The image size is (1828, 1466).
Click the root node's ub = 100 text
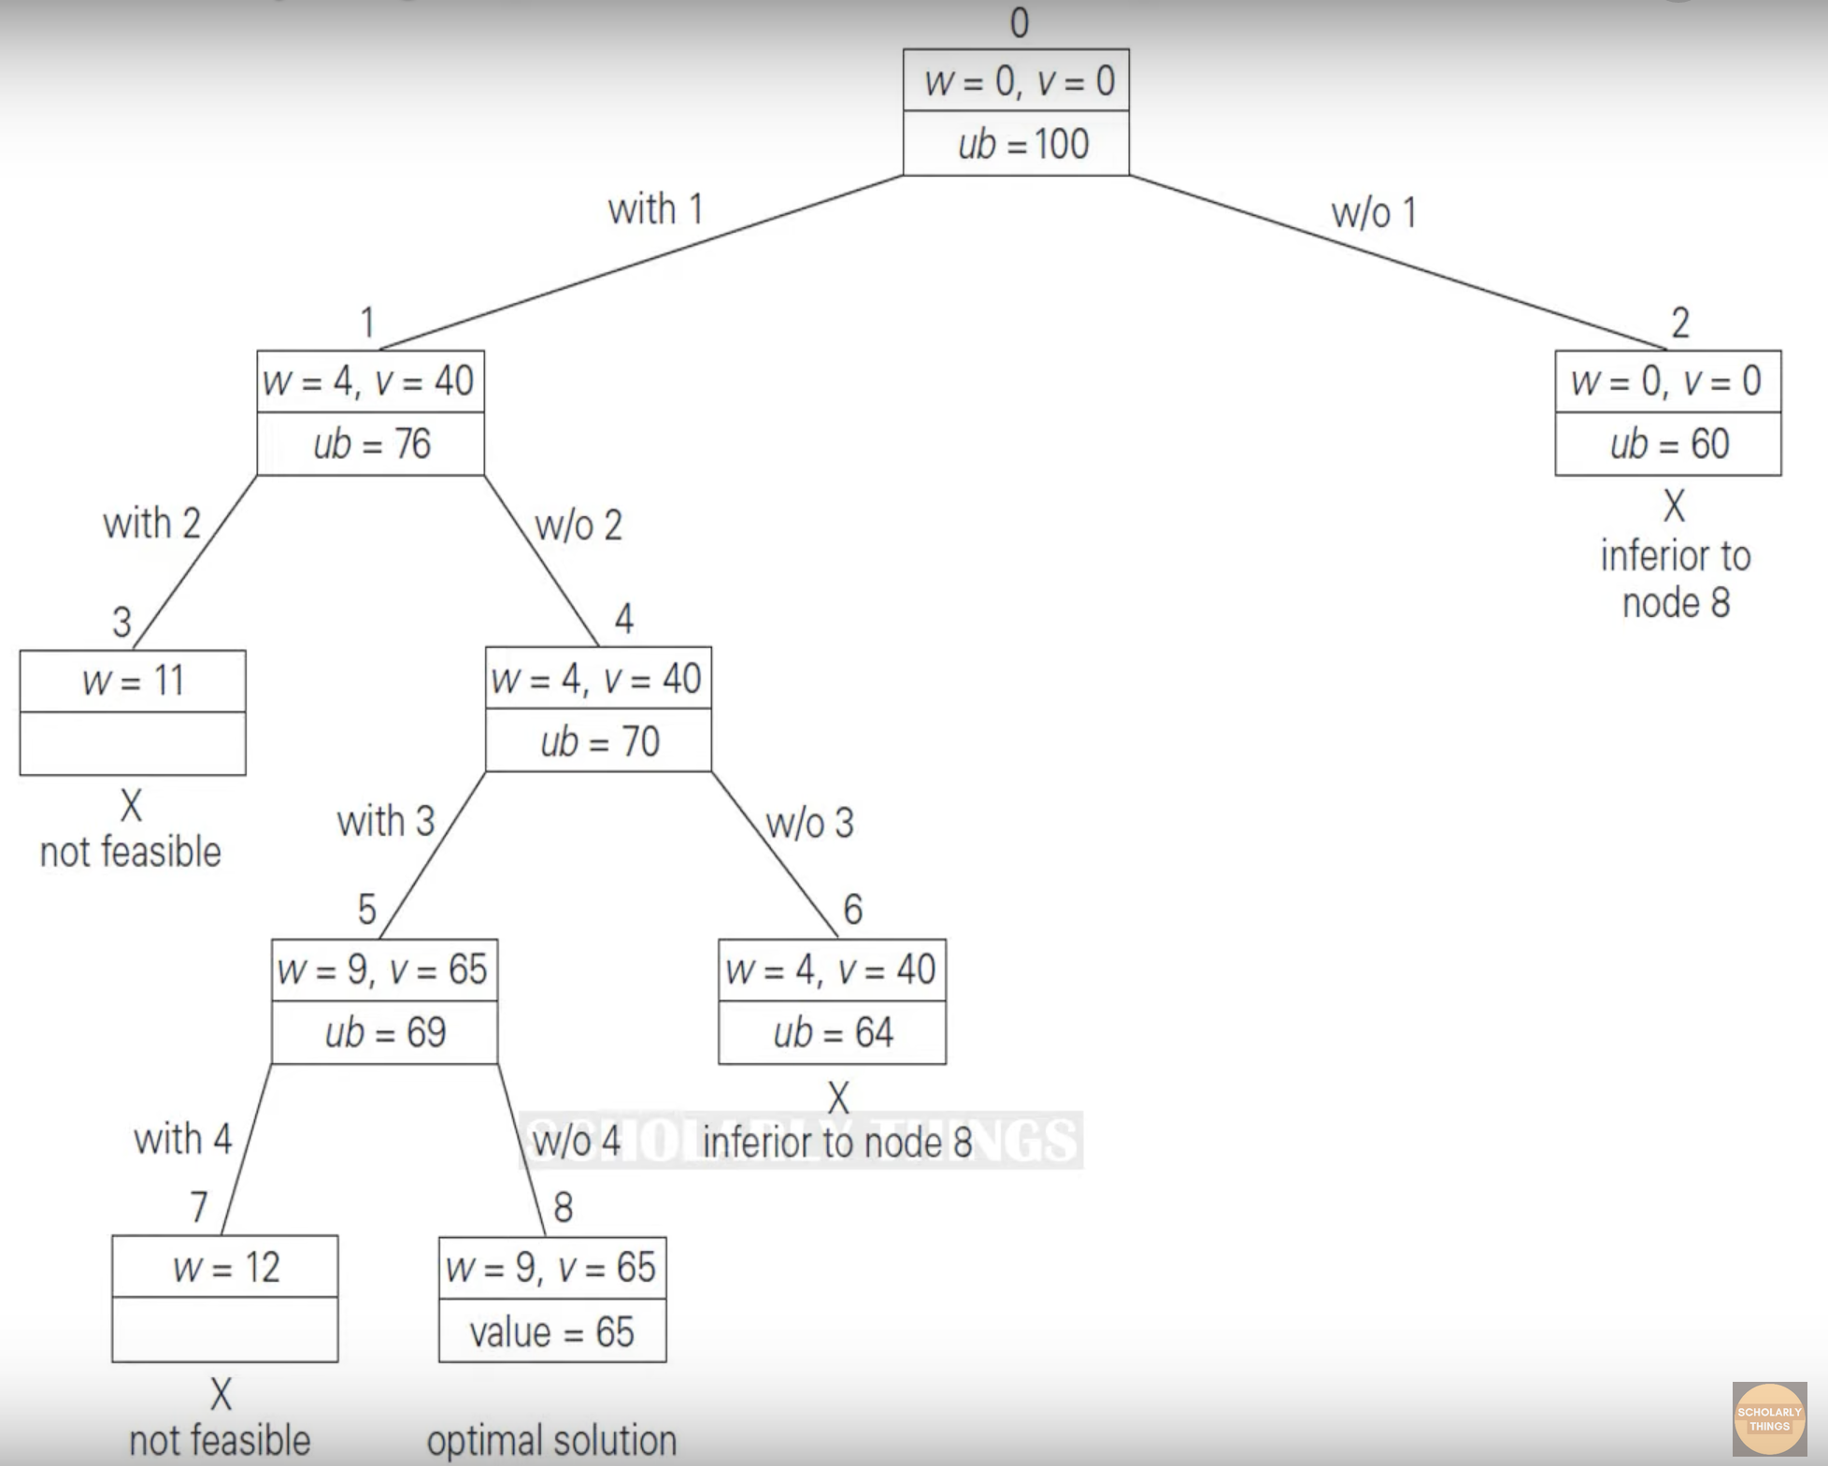pyautogui.click(x=1023, y=145)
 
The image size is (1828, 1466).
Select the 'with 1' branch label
pyautogui.click(x=655, y=209)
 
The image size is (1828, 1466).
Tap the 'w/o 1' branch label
pyautogui.click(x=1374, y=213)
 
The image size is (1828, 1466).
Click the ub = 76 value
pyautogui.click(x=372, y=444)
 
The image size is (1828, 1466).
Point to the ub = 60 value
pyautogui.click(x=1669, y=444)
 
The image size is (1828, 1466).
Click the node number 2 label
pyautogui.click(x=1679, y=323)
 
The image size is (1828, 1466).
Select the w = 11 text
pyautogui.click(x=133, y=681)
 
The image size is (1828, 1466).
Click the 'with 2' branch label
pyautogui.click(x=152, y=524)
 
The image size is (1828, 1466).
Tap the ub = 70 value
pyautogui.click(x=600, y=742)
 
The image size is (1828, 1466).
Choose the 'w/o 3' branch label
pyautogui.click(x=809, y=824)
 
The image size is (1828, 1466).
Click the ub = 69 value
pyautogui.click(x=385, y=1033)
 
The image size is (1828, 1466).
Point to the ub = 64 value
pyautogui.click(x=833, y=1033)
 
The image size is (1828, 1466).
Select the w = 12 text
pyautogui.click(x=226, y=1269)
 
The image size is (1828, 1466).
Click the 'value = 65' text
pyautogui.click(x=552, y=1332)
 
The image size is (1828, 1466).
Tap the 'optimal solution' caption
pyautogui.click(x=552, y=1441)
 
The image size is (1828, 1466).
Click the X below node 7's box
pyautogui.click(x=221, y=1394)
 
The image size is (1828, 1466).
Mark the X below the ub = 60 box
pyautogui.click(x=1674, y=507)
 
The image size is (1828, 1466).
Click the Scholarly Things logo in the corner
pyautogui.click(x=1769, y=1420)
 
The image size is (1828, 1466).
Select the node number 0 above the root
pyautogui.click(x=1020, y=22)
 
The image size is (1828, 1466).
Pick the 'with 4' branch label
pyautogui.click(x=183, y=1140)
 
